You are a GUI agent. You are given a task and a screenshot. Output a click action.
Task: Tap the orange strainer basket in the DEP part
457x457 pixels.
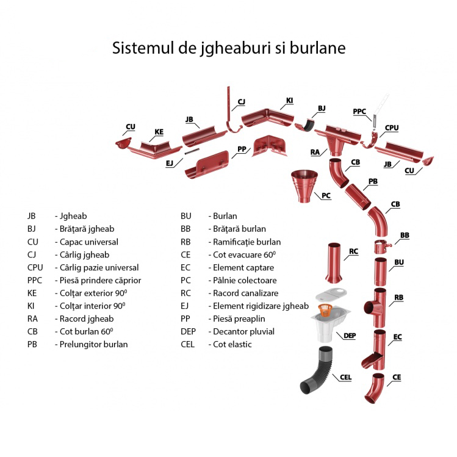[x=327, y=311]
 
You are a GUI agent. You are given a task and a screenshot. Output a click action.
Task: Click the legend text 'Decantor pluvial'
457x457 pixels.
[x=243, y=331]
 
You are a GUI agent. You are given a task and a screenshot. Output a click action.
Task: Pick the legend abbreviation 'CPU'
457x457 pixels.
[x=35, y=267]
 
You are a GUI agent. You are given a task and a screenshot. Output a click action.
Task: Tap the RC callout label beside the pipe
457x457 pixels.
[x=353, y=251]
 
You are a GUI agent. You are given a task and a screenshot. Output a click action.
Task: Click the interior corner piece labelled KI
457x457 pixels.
[x=265, y=116]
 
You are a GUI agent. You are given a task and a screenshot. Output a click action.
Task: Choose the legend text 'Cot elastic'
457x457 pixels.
[x=232, y=344]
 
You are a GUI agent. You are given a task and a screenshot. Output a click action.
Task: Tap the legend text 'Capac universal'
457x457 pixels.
[x=88, y=242]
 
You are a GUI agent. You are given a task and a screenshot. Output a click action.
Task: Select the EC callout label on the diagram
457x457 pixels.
[x=397, y=337]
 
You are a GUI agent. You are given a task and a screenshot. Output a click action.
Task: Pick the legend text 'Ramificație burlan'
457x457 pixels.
[x=246, y=242]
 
